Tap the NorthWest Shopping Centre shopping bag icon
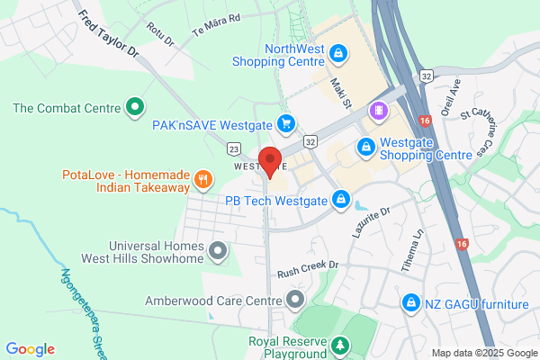point(337,54)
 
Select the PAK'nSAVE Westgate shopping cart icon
point(286,122)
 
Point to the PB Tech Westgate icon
point(342,198)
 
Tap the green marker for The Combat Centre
point(135,108)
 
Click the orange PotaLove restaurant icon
point(204,178)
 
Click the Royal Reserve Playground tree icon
point(340,345)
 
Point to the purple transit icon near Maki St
point(380,112)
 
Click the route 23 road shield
point(235,148)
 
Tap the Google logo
point(30,349)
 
